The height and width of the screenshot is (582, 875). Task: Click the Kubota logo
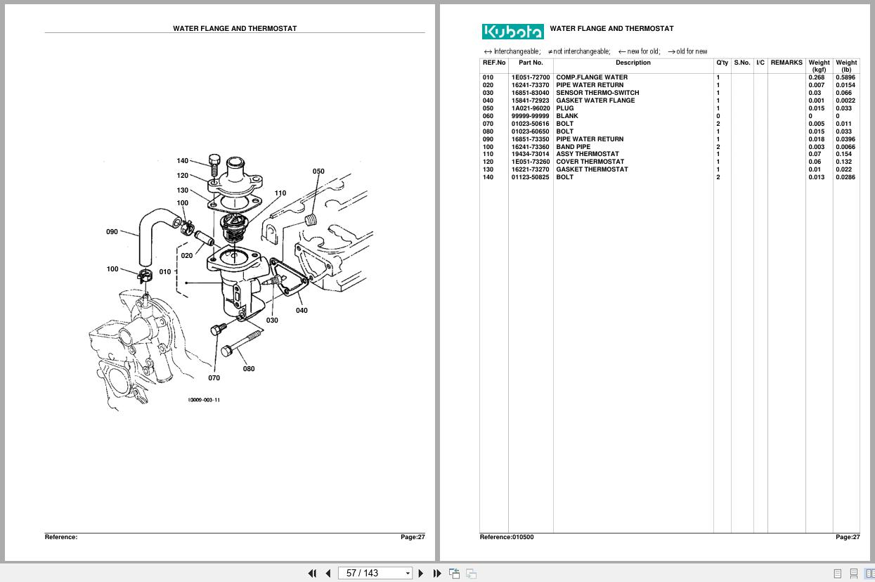pos(512,32)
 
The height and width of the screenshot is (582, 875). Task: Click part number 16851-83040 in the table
pos(530,93)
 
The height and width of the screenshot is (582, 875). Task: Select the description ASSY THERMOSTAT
pos(587,154)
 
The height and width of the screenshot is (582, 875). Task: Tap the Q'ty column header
pos(722,63)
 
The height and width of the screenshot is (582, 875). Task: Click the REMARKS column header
pos(786,63)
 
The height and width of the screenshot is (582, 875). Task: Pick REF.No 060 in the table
pos(488,116)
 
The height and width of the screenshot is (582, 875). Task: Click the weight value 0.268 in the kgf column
pos(816,77)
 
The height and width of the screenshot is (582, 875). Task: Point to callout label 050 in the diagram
pos(318,172)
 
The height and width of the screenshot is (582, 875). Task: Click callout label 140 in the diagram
pos(183,161)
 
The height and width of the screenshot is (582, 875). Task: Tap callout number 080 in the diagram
pos(249,369)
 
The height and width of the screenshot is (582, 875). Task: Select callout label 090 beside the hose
pos(112,232)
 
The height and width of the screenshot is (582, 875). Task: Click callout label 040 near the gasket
pos(302,311)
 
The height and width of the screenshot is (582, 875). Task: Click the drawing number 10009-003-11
pos(204,400)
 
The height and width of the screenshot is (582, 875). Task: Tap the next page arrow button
pos(421,574)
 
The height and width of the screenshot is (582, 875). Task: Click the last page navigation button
pos(436,574)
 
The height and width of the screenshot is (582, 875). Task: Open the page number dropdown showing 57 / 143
pos(375,574)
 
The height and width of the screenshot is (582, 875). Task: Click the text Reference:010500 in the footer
pos(506,537)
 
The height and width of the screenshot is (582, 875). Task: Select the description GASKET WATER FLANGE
pos(595,101)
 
